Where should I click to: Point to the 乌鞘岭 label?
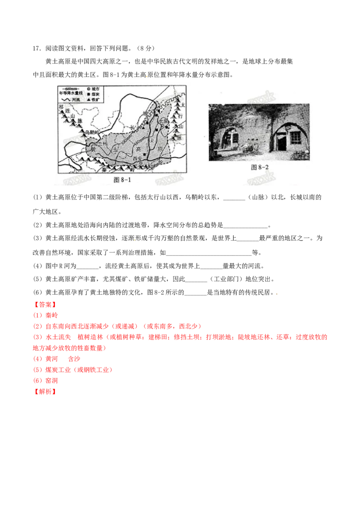coord(88,133)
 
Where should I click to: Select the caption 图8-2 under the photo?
coord(259,167)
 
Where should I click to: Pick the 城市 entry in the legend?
coord(94,89)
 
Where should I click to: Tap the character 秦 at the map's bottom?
coord(106,171)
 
